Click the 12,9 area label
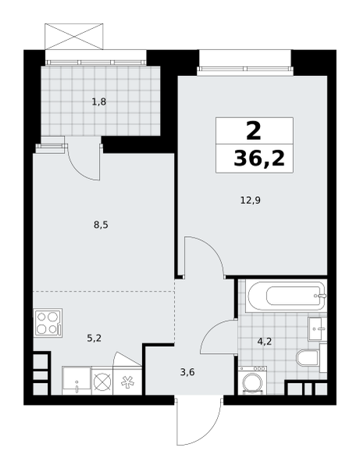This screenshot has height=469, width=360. click(x=251, y=200)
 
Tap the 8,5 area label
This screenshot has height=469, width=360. click(x=101, y=224)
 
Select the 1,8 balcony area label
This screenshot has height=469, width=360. click(x=99, y=102)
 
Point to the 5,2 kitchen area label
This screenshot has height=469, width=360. click(x=94, y=338)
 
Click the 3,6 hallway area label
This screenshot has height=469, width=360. click(x=187, y=372)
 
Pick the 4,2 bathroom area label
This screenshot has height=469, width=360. click(x=265, y=341)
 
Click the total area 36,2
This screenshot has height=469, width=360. click(x=259, y=158)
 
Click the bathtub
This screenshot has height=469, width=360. click(x=287, y=296)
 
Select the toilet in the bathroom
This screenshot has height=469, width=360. click(x=308, y=358)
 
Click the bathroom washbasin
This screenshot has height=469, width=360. click(x=318, y=329)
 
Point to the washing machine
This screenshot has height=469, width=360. click(x=252, y=380)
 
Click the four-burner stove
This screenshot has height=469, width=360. click(x=48, y=323)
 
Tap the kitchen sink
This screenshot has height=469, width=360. click(x=77, y=381)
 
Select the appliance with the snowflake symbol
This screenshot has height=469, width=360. click(x=127, y=381)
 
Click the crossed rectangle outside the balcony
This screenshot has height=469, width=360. click(x=73, y=37)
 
